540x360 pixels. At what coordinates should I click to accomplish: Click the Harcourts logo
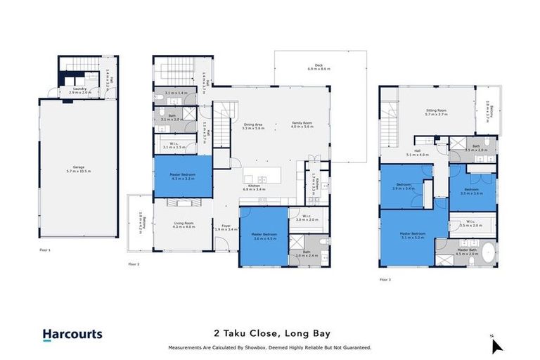pos(72,335)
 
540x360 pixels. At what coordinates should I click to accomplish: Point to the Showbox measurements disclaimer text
pos(270,347)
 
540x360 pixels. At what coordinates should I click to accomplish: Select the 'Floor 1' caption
pos(46,250)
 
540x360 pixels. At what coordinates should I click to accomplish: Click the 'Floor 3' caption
pos(385,279)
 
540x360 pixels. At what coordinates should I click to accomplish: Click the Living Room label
pos(183,224)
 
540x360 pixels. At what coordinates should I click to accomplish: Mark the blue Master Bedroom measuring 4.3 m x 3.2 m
pos(183,176)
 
